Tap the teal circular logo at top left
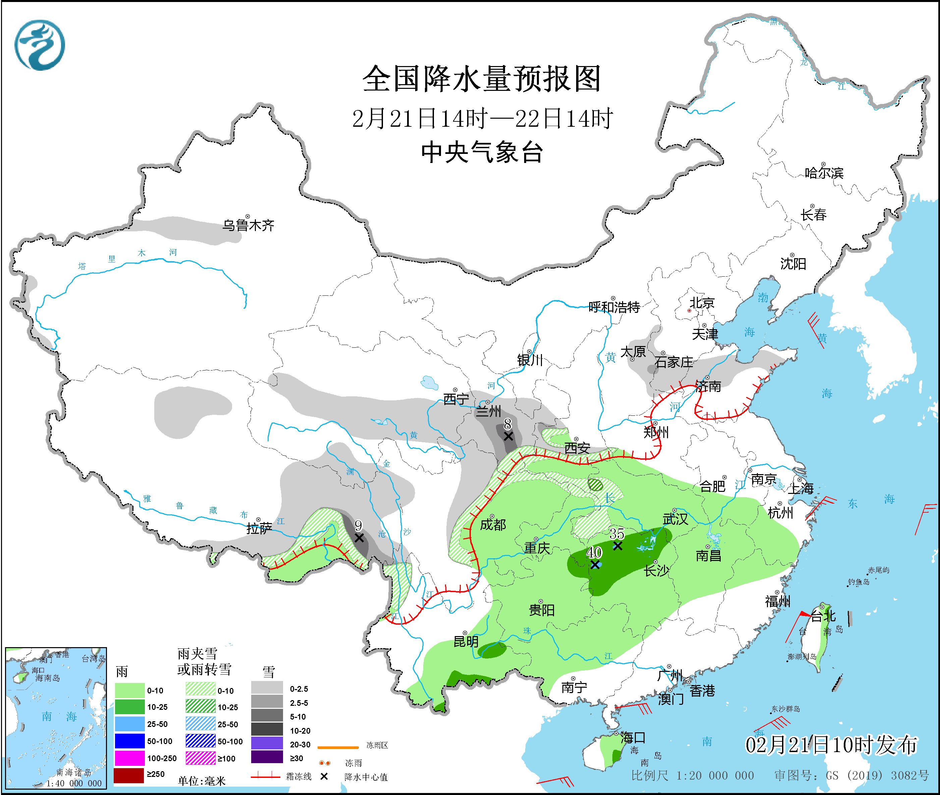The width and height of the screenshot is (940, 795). (40, 45)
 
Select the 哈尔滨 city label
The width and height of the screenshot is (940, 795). (824, 173)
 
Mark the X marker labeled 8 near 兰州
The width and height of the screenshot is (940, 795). (508, 436)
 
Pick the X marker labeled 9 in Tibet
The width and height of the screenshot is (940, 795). (359, 538)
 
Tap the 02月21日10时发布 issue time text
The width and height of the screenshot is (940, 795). (831, 745)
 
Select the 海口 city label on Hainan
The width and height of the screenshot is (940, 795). (633, 738)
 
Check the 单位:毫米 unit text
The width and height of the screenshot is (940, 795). (202, 781)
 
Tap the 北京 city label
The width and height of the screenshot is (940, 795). (702, 303)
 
